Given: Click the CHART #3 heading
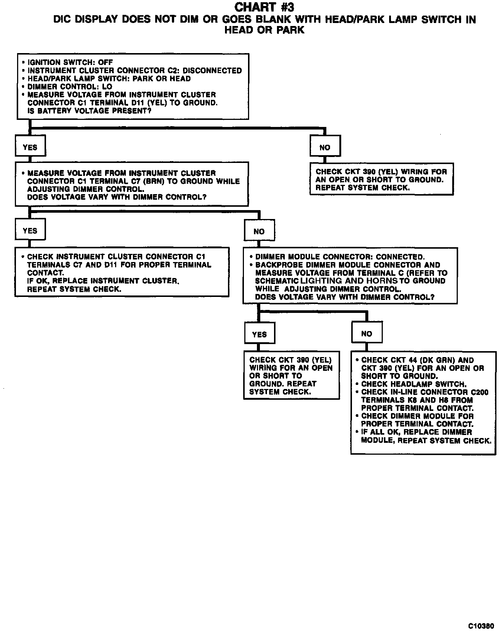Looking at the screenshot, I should click(x=265, y=7).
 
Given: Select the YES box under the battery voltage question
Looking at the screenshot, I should click(x=30, y=147).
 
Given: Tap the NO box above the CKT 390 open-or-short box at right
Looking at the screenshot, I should click(x=325, y=147).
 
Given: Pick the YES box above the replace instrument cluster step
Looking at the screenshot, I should click(x=30, y=231).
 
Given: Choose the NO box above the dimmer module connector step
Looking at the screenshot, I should click(x=259, y=231).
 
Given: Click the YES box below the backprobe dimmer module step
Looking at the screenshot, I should click(x=259, y=334).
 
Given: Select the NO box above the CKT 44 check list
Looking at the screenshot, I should click(x=366, y=333).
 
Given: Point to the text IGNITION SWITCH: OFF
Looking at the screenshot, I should click(x=70, y=62).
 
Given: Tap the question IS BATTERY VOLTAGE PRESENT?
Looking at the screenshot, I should click(x=89, y=111).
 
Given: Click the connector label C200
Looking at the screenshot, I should click(x=479, y=392).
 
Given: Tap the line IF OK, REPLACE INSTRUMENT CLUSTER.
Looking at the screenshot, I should click(x=103, y=281).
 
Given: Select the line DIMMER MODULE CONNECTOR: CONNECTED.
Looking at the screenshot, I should click(x=340, y=257).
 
